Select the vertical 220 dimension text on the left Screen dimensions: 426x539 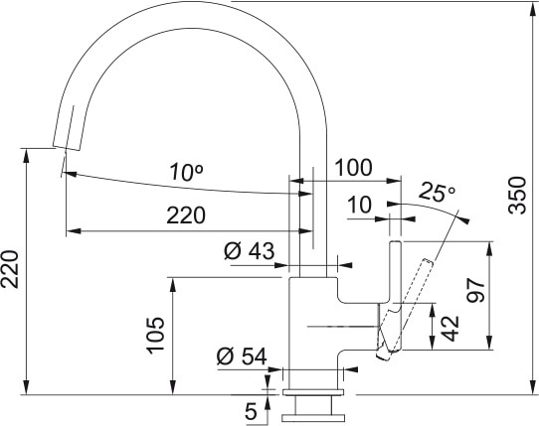[13, 268]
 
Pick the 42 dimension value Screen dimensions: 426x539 [449, 327]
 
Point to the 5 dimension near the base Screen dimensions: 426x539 [251, 408]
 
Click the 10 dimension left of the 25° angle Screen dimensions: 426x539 [359, 206]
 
